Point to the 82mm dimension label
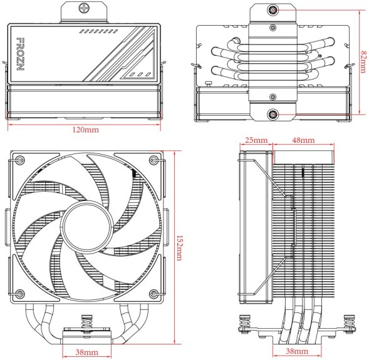coord(363,61)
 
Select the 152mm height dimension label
coord(179,249)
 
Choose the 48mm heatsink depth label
coord(303,139)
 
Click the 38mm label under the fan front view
coord(86,352)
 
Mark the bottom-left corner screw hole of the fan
coord(19,294)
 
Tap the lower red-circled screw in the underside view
coord(273,113)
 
